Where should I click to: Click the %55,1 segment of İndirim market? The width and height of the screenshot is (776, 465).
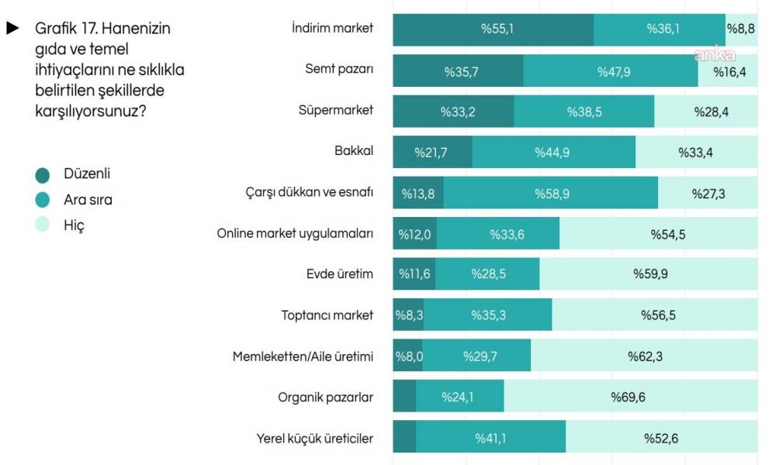point(494,29)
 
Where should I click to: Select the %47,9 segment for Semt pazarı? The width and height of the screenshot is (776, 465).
point(611,71)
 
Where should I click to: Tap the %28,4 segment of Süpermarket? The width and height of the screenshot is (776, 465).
point(705,112)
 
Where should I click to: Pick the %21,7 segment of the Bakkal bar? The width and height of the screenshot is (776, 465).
point(432,153)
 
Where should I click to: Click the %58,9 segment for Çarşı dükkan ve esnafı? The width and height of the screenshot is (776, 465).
point(551,193)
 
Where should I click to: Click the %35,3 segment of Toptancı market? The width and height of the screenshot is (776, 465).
point(488,315)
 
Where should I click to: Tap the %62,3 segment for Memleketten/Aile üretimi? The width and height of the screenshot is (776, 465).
point(644,356)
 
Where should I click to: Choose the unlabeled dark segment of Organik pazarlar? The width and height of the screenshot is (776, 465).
point(404,397)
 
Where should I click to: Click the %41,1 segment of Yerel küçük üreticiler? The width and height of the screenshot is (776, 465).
point(490,438)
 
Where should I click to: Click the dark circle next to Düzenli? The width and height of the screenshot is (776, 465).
point(43,174)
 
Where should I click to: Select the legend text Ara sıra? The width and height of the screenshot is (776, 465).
point(88,200)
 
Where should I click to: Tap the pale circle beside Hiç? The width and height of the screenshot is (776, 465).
point(43,226)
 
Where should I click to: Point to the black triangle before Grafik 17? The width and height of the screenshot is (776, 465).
point(12,29)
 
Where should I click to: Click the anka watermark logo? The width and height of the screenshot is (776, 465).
point(713,54)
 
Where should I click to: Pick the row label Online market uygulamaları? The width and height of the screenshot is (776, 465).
point(295,233)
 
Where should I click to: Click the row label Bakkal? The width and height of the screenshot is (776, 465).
point(354,150)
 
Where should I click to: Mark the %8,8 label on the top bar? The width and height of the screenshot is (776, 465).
point(740,29)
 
